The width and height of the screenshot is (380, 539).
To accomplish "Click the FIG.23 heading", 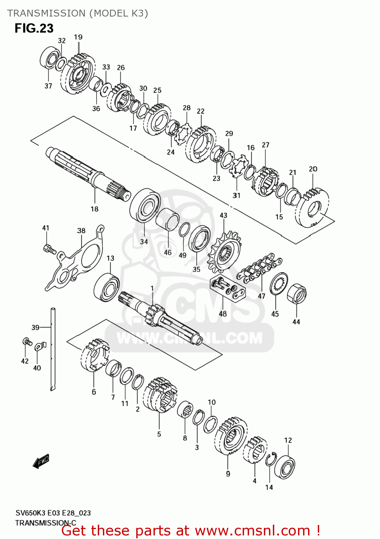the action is [34, 28].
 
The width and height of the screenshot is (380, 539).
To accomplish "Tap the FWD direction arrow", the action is [41, 461].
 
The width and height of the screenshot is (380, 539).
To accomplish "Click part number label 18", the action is [94, 209].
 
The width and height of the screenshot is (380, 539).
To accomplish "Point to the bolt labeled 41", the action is [49, 249].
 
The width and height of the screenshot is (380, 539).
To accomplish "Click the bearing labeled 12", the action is [285, 467].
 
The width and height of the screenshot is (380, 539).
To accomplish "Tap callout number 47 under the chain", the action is [261, 296].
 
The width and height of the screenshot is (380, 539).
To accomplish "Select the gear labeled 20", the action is [312, 208].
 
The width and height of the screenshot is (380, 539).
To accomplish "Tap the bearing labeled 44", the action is [297, 293].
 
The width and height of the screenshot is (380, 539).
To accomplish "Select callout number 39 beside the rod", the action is [35, 327].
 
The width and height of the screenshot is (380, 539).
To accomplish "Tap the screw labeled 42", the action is [26, 341].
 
